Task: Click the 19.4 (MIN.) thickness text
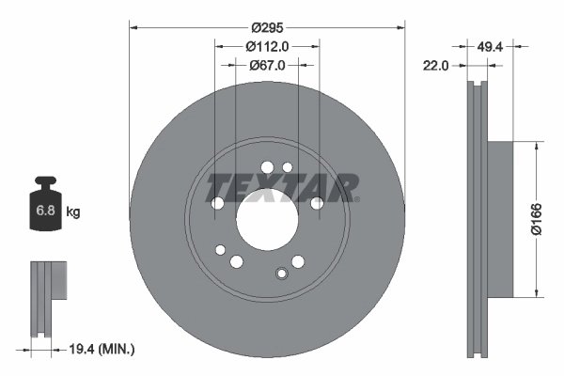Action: pos(103,350)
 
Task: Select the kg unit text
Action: pos(73,213)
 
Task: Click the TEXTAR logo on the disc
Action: pos(281,186)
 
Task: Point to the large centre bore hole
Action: pos(266,223)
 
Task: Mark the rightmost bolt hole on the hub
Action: pos(317,202)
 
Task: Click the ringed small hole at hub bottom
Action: pos(280,274)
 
